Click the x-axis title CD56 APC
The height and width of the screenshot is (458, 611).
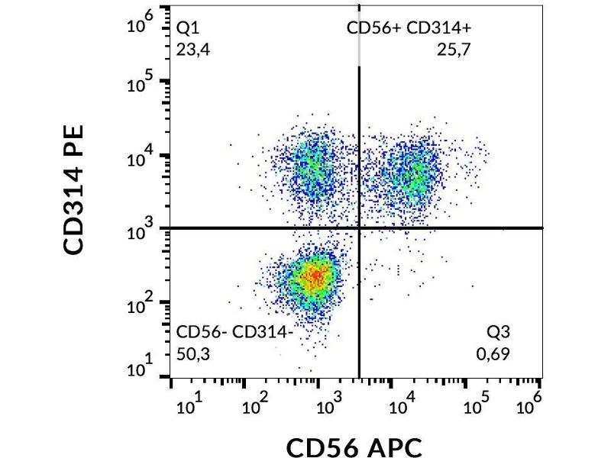click(354, 447)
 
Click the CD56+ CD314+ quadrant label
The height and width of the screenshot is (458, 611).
click(410, 29)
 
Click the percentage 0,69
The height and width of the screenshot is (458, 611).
click(493, 353)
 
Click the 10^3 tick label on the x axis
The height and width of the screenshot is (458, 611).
click(328, 405)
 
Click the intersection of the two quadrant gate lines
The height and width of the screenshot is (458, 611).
click(359, 227)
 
